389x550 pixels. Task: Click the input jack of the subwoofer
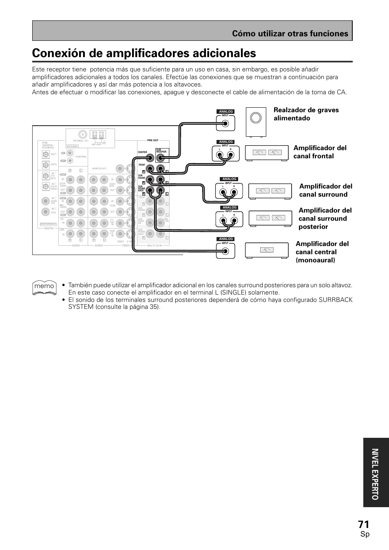pyautogui.click(x=225, y=124)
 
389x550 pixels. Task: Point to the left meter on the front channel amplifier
pyautogui.click(x=259, y=153)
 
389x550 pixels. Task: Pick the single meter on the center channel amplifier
pyautogui.click(x=267, y=250)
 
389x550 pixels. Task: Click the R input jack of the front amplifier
pyautogui.click(x=230, y=153)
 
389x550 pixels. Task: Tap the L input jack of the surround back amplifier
pyautogui.click(x=223, y=221)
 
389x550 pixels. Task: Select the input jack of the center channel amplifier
pyautogui.click(x=225, y=251)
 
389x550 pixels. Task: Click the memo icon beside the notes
pyautogui.click(x=44, y=286)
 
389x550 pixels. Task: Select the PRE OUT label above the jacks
pyautogui.click(x=153, y=140)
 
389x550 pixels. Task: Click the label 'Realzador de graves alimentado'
pyautogui.click(x=306, y=114)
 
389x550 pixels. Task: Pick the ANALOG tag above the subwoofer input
pyautogui.click(x=225, y=111)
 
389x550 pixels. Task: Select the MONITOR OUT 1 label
pyautogui.click(x=99, y=169)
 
